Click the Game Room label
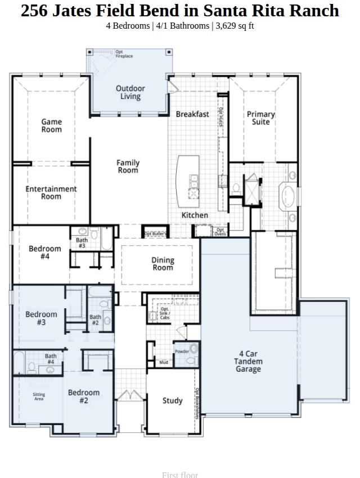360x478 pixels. (51, 125)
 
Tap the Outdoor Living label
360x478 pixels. (130, 92)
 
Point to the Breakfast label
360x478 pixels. (192, 114)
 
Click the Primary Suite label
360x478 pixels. (261, 118)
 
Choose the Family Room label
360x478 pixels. (128, 166)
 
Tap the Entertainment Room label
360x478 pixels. (51, 193)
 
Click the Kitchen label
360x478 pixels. (195, 215)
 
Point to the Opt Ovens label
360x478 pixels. (220, 232)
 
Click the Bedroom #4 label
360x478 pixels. (45, 252)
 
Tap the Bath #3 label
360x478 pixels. (82, 243)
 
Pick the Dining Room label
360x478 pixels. (163, 264)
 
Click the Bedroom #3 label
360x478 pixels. (41, 318)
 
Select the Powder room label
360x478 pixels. (182, 351)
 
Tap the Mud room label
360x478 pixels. (164, 363)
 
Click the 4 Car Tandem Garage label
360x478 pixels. (248, 362)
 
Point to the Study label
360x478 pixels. (172, 401)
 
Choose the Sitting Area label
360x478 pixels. (39, 397)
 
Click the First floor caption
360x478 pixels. (180, 475)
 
